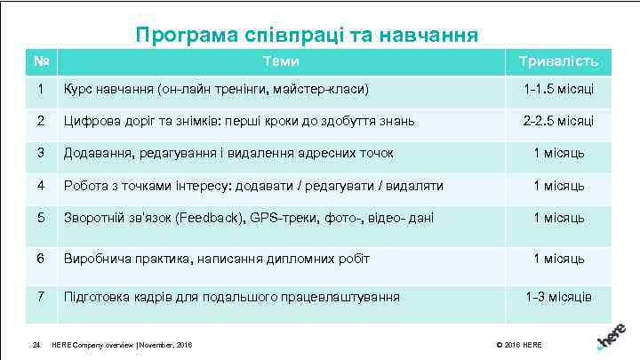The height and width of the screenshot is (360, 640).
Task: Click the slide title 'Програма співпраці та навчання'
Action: [x=307, y=35]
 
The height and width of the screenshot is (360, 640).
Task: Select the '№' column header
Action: [x=40, y=61]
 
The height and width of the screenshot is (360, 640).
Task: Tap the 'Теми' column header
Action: [x=280, y=61]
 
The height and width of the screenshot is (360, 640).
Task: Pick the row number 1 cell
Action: [x=40, y=90]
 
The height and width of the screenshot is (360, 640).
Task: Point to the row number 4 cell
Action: [x=40, y=186]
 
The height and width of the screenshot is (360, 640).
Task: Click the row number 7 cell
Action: [x=40, y=296]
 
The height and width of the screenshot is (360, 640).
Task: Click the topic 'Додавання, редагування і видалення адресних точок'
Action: [x=228, y=153]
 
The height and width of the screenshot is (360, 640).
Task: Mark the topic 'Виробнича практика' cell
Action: [x=215, y=259]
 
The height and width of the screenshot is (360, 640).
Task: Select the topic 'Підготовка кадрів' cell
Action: [x=230, y=296]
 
